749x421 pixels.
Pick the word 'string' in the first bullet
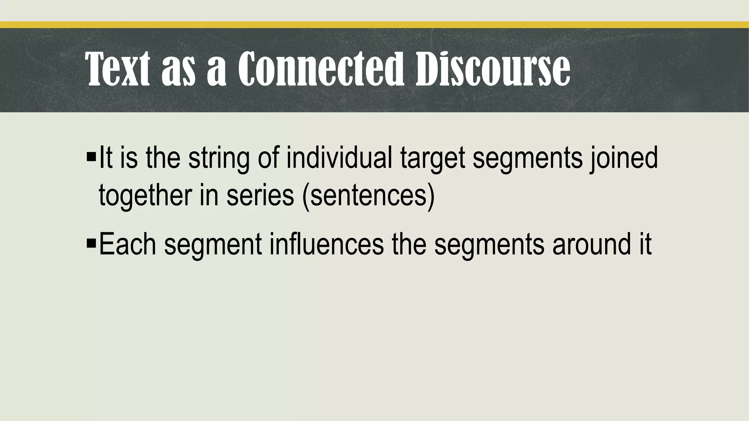tap(219, 159)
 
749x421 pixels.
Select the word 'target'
tap(433, 159)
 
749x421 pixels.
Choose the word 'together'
tap(145, 195)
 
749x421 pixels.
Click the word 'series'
tap(260, 195)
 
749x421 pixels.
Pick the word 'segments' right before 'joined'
tap(527, 159)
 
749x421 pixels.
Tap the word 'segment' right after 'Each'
tap(213, 245)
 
